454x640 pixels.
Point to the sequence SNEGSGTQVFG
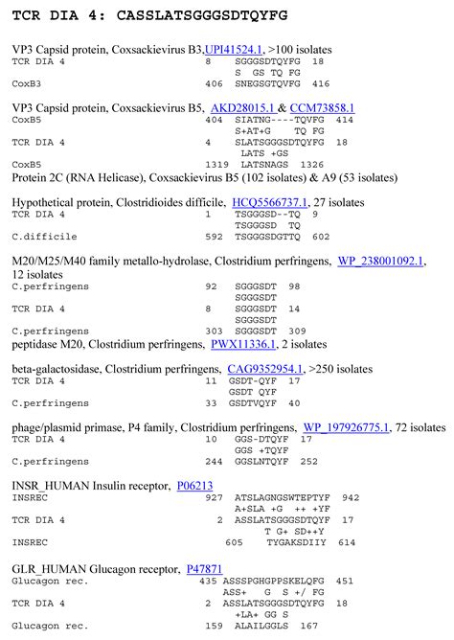(269, 83)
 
